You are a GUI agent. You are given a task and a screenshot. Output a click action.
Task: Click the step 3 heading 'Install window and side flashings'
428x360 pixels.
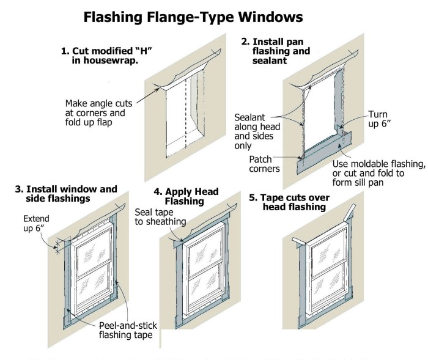(65, 194)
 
